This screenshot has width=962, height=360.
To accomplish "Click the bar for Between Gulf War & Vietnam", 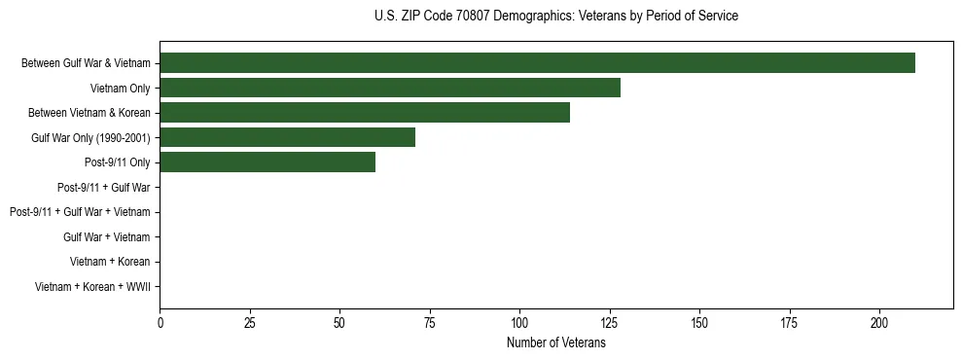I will click(537, 63).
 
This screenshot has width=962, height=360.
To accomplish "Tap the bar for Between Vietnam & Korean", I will click(365, 113).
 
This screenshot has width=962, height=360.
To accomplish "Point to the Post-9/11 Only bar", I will click(267, 162).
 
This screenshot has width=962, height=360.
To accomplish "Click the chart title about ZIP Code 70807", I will click(555, 17).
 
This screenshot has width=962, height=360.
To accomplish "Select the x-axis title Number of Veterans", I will click(555, 343).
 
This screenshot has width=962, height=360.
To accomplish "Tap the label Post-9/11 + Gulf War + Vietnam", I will click(80, 212).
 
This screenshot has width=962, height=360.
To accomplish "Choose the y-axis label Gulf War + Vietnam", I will click(107, 236).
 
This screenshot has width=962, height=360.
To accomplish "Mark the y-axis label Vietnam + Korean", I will click(110, 262).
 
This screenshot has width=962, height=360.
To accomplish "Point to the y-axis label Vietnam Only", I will click(120, 89).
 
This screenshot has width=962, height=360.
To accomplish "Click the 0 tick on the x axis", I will click(160, 322).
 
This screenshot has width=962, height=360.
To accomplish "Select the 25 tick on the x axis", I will click(250, 322).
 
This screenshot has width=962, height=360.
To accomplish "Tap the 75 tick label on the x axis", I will click(430, 322).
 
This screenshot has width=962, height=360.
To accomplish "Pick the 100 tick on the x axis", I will click(519, 322).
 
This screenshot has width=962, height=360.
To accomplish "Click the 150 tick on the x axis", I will click(699, 322).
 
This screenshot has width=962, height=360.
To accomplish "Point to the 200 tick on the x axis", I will click(879, 322).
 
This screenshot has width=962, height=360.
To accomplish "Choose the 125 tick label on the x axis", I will click(610, 322).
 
